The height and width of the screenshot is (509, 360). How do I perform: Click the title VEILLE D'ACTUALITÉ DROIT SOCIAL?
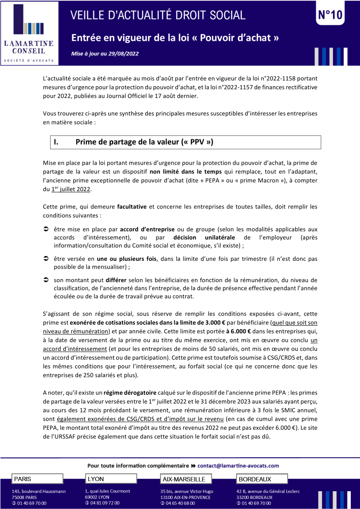pyautogui.click(x=158, y=15)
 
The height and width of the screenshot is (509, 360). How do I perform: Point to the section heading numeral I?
pyautogui.click(x=56, y=142)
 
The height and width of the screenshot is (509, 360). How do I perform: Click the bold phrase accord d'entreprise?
pyautogui.click(x=147, y=229)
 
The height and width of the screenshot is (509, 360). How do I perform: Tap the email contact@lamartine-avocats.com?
pyautogui.click(x=238, y=465)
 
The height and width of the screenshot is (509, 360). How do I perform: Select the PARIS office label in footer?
pyautogui.click(x=23, y=479)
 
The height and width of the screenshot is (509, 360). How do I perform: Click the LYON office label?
pyautogui.click(x=96, y=479)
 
